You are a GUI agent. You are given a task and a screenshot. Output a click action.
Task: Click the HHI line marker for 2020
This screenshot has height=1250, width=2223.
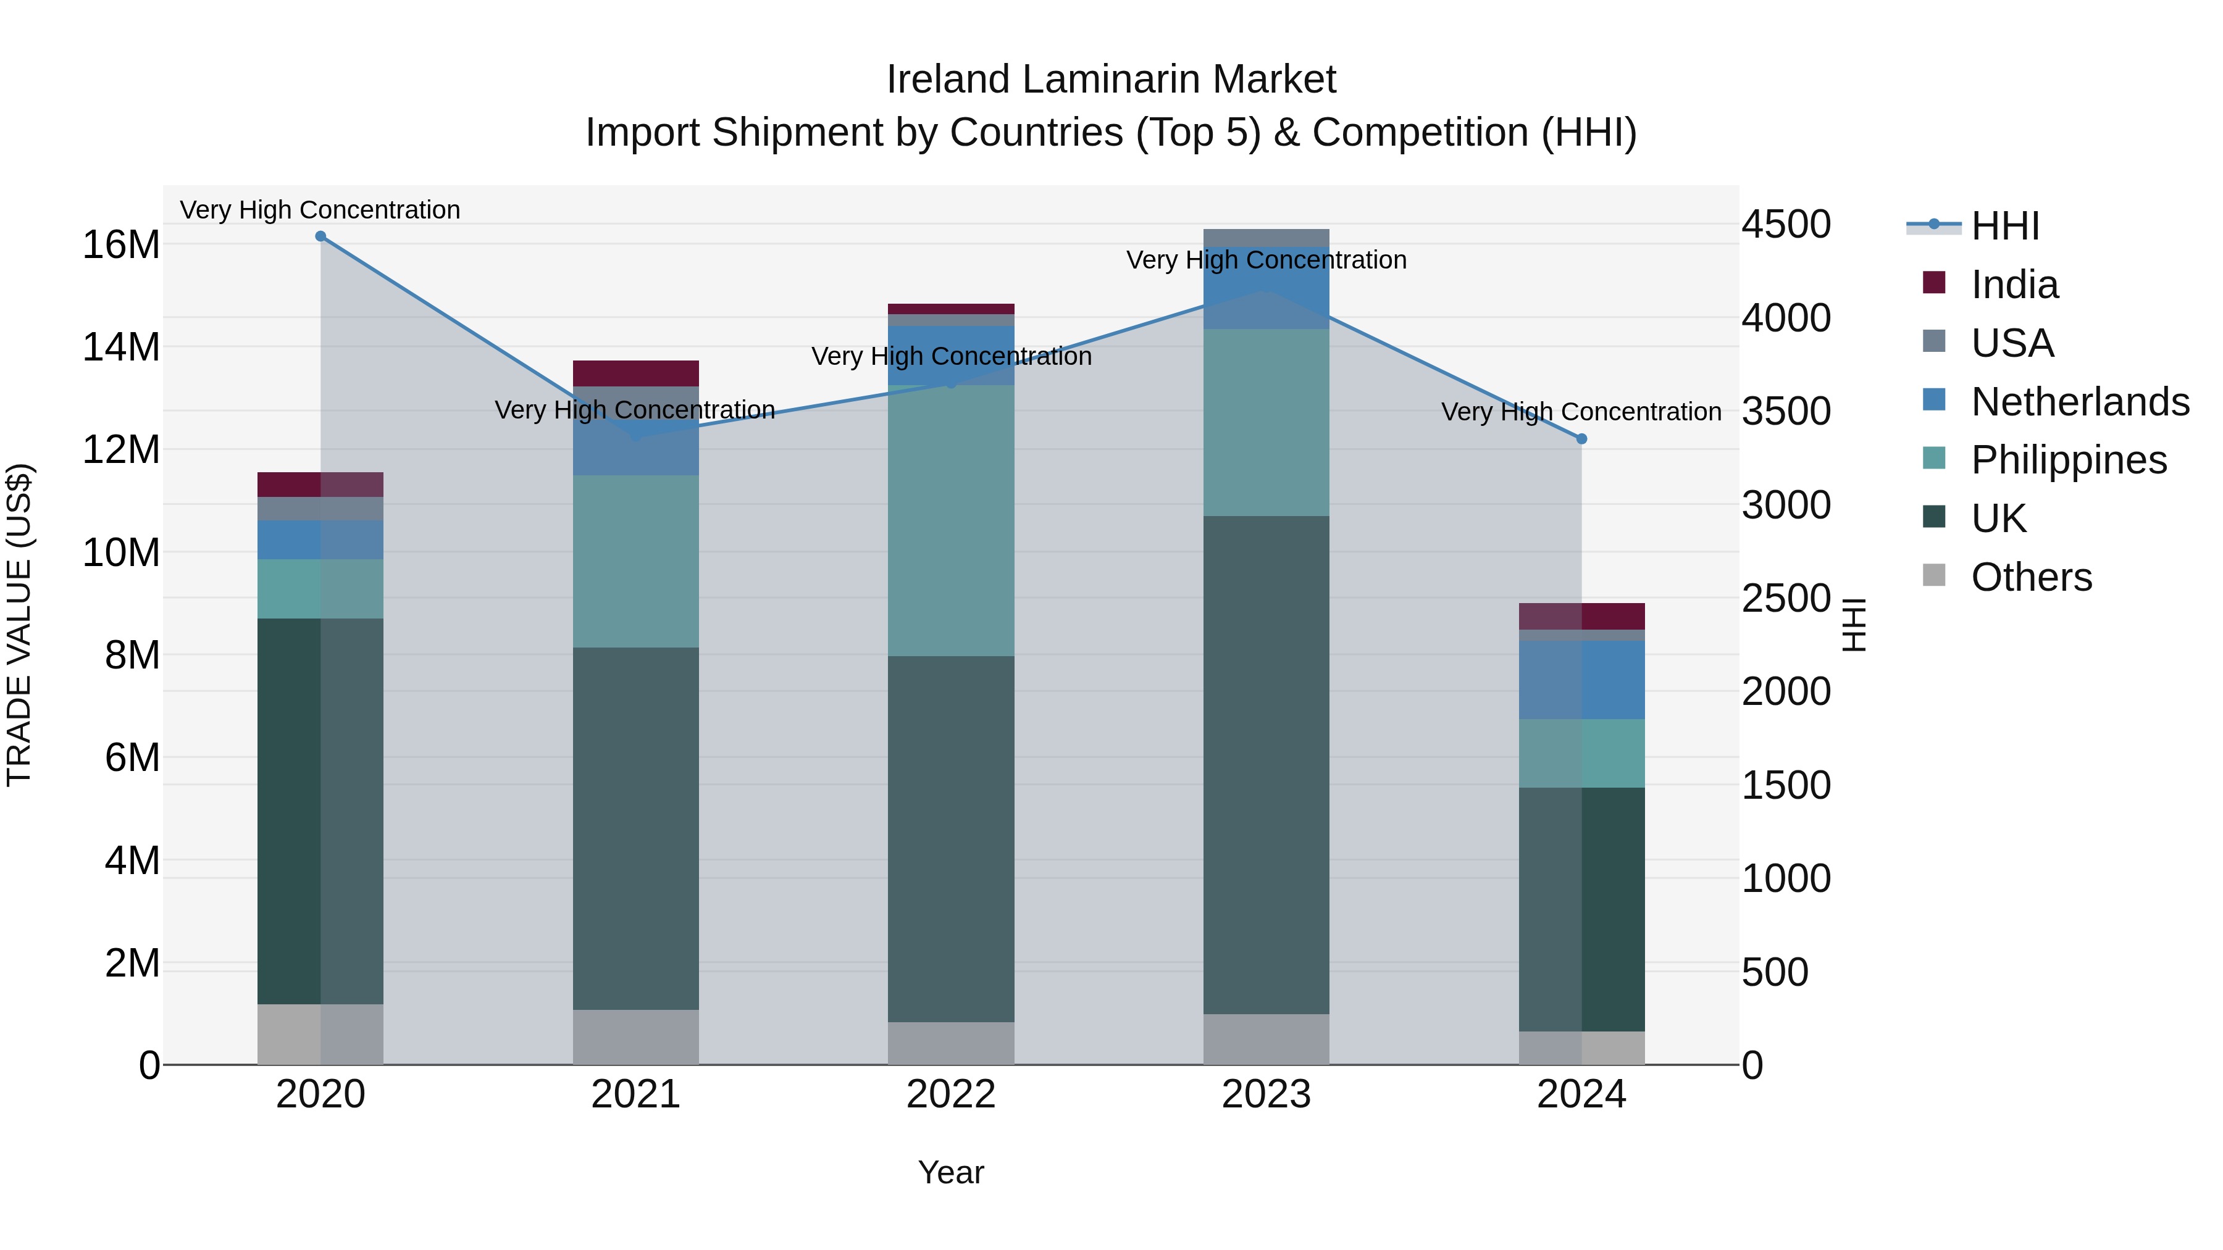pyautogui.click(x=320, y=236)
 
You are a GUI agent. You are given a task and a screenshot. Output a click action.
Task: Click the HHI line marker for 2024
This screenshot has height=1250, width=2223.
pyautogui.click(x=1581, y=439)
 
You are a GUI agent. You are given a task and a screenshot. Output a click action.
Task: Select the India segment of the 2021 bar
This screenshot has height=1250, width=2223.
pyautogui.click(x=635, y=373)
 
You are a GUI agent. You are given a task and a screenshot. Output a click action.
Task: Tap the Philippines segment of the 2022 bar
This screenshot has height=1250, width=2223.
pyautogui.click(x=951, y=520)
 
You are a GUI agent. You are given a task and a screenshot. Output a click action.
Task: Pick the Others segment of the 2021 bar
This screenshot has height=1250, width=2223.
pyautogui.click(x=635, y=1037)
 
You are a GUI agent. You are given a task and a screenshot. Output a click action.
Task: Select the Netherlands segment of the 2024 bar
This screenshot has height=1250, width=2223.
pyautogui.click(x=1581, y=680)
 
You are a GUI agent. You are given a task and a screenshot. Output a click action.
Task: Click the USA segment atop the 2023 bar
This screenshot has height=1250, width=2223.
pyautogui.click(x=1266, y=238)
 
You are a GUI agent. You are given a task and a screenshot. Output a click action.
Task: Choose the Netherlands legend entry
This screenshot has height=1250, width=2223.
pyautogui.click(x=2079, y=402)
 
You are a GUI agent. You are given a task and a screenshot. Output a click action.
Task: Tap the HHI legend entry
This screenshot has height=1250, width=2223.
pyautogui.click(x=2004, y=226)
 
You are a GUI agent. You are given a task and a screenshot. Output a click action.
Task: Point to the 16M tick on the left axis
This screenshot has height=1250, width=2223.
pyautogui.click(x=121, y=245)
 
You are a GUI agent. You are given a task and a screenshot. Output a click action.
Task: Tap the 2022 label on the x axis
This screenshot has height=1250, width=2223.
pyautogui.click(x=951, y=1094)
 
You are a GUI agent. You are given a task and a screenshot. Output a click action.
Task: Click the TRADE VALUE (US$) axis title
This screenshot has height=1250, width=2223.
pyautogui.click(x=20, y=625)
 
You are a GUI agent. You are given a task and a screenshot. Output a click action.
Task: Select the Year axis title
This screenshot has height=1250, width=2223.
pyautogui.click(x=951, y=1172)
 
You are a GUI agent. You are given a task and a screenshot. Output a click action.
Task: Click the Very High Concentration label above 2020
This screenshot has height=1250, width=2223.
pyautogui.click(x=320, y=210)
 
